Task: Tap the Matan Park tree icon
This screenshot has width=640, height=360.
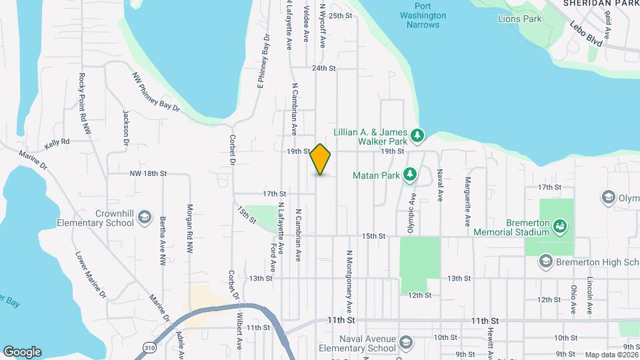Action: click(411, 175)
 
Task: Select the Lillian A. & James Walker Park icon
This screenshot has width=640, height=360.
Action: click(417, 136)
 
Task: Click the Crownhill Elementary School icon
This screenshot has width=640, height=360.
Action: click(145, 218)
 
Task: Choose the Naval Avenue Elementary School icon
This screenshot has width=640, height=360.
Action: click(405, 344)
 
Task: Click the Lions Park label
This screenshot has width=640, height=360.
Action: click(519, 19)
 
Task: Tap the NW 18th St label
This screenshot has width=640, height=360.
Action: click(148, 173)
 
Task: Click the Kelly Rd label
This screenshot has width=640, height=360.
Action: click(57, 142)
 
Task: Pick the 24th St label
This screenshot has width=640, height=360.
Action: click(323, 68)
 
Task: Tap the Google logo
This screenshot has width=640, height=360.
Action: click(22, 351)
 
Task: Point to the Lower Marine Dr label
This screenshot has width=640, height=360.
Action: click(91, 273)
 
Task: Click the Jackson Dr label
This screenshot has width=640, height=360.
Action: click(125, 127)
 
